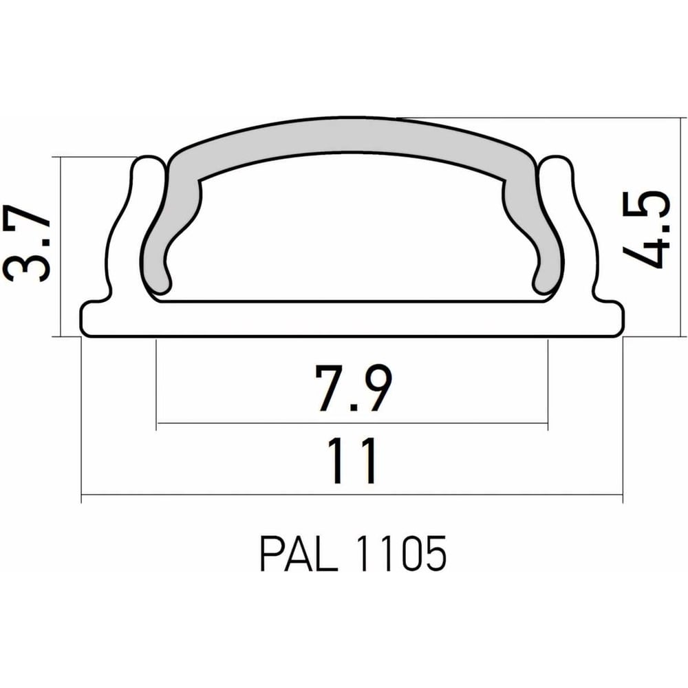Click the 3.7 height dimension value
click(27, 243)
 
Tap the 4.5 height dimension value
click(646, 230)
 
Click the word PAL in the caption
click(299, 553)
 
